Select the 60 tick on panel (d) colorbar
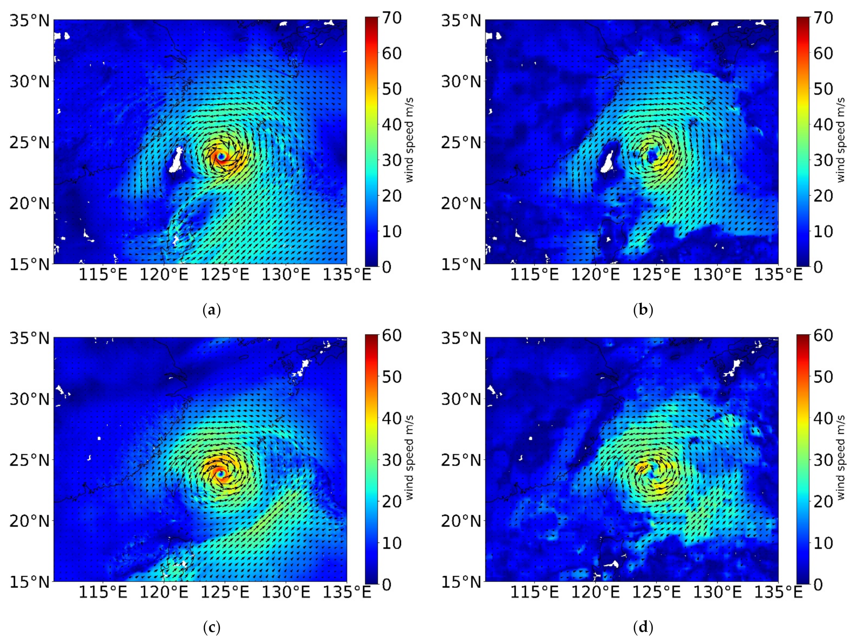(x=823, y=335)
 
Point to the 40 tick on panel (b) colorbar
(x=823, y=124)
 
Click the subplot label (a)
(x=211, y=310)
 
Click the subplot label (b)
(x=644, y=310)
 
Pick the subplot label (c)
(x=211, y=627)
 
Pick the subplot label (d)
(x=644, y=627)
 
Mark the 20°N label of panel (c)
(x=30, y=521)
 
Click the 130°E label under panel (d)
(x=717, y=592)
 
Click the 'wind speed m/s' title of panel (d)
(x=841, y=458)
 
